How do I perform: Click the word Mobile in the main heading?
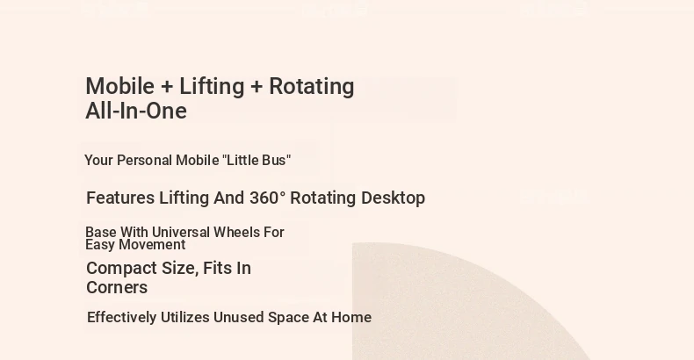point(120,86)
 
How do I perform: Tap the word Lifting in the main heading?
point(212,87)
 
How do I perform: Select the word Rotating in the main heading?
point(312,87)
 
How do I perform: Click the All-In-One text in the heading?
point(136,111)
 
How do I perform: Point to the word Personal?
point(145,160)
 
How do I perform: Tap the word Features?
point(120,198)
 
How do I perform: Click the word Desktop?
point(393,198)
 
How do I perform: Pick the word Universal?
point(181,232)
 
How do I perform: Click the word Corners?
point(117,287)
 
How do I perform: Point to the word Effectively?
point(122,318)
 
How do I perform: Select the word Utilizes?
point(185,318)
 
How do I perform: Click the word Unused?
point(239,318)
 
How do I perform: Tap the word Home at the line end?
point(351,318)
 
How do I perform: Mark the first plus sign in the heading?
point(167,87)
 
